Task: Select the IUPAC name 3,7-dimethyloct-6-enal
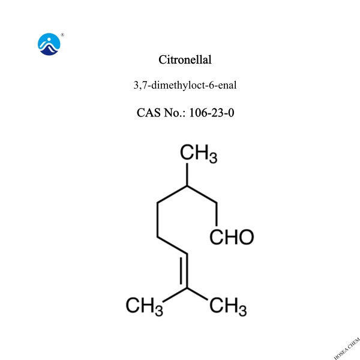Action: (x=185, y=85)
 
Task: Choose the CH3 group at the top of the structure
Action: (x=199, y=155)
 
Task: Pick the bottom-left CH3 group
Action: (x=145, y=307)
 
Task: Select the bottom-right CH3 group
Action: (x=227, y=307)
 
